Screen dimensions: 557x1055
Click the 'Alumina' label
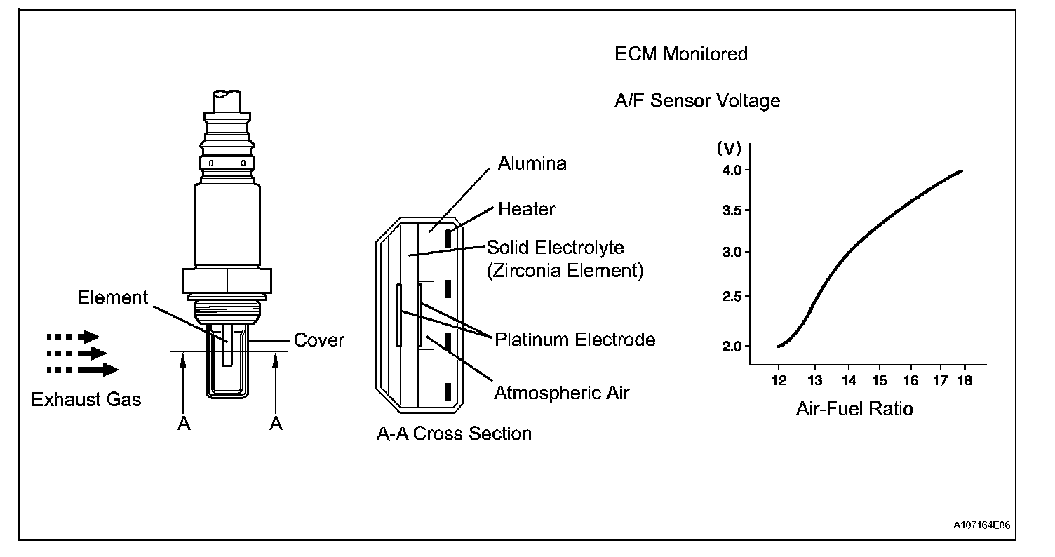(x=532, y=163)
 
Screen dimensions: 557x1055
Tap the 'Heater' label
(x=526, y=209)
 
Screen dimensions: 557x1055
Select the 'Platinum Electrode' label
(x=575, y=340)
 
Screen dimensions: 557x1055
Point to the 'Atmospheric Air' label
(x=562, y=392)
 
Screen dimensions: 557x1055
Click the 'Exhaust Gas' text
(x=86, y=399)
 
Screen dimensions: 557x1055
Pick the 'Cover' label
(x=319, y=340)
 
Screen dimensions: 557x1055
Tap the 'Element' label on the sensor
(x=113, y=297)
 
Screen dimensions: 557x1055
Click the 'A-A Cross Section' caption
(x=454, y=434)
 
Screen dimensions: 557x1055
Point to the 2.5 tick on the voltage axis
(x=732, y=297)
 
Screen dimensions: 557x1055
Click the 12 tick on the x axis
(x=779, y=381)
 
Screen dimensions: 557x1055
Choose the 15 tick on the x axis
(x=880, y=381)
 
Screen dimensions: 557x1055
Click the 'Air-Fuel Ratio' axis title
(x=854, y=409)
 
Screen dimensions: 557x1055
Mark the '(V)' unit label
(x=728, y=148)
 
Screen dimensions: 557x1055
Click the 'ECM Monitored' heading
(x=681, y=53)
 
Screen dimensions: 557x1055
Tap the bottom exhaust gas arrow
(x=83, y=369)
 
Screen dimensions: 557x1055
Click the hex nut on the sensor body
(x=227, y=280)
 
